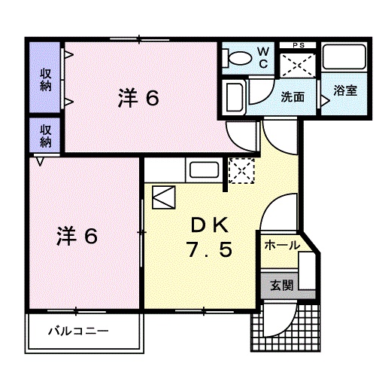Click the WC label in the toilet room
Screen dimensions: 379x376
[263, 57]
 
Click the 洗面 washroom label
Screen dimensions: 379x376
[293, 96]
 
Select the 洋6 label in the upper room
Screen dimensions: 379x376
[138, 98]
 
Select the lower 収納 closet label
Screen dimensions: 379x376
[46, 135]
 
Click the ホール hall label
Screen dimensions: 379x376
[281, 246]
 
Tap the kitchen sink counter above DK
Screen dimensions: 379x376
[201, 171]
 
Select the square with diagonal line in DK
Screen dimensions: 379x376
[163, 197]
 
